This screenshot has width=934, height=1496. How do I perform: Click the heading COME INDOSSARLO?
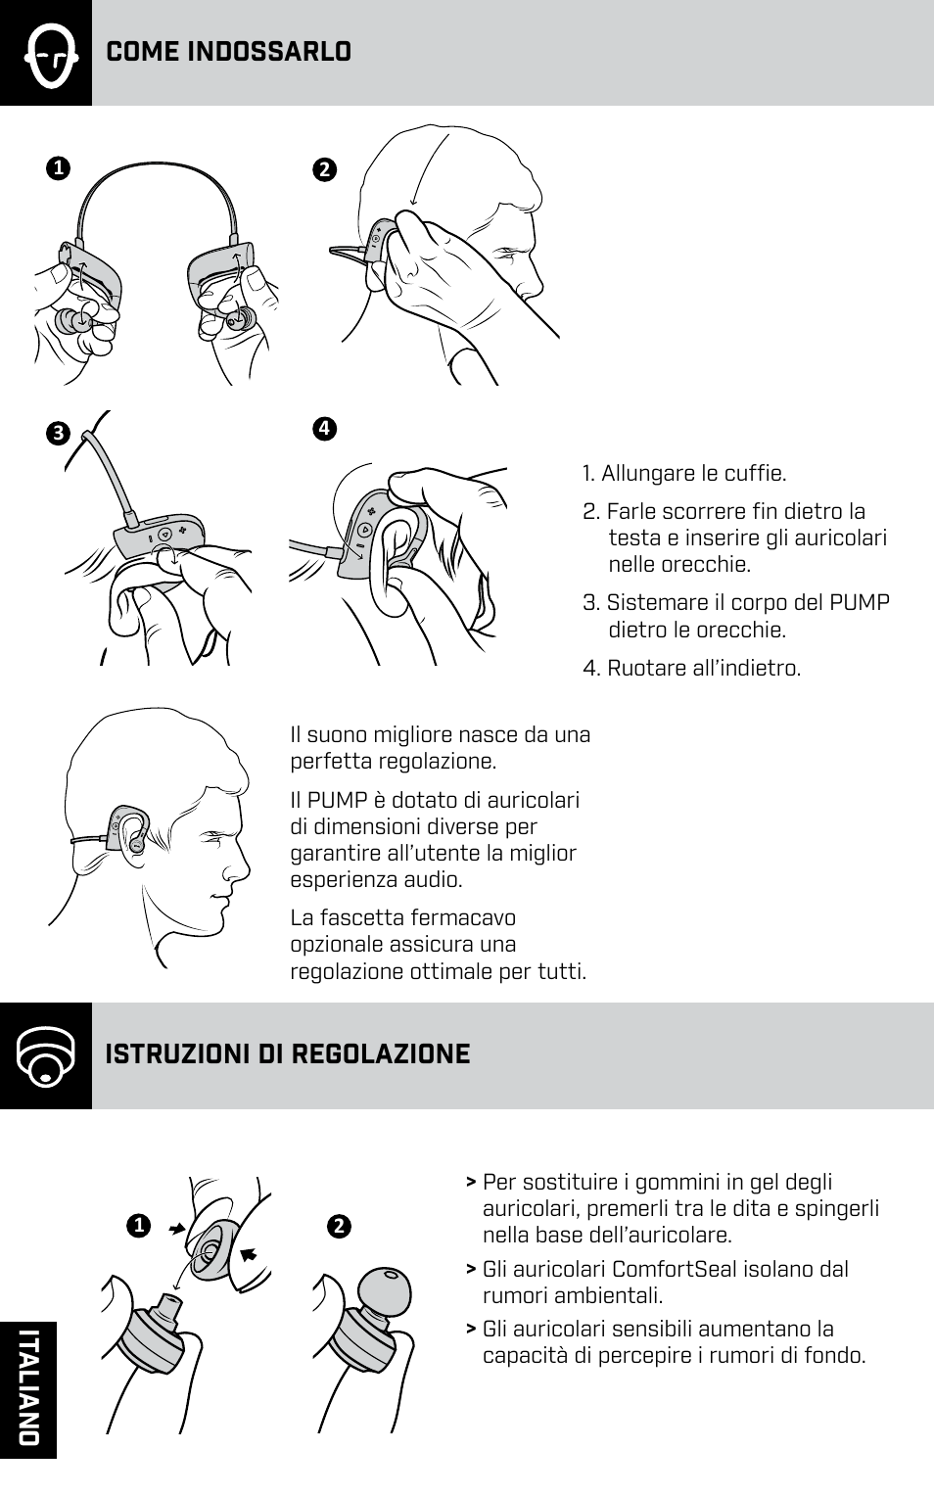[228, 52]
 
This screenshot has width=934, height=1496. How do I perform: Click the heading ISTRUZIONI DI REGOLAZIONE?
[287, 1054]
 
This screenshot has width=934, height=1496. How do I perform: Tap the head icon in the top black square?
[46, 54]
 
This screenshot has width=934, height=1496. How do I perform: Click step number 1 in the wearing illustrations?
[58, 168]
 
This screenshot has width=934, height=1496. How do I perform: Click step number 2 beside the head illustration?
[324, 169]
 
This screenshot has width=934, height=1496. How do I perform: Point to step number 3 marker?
[58, 434]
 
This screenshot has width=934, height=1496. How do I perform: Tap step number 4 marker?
[324, 428]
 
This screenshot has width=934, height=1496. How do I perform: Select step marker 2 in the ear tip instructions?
[339, 1226]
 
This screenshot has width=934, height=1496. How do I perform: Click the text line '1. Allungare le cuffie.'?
[683, 474]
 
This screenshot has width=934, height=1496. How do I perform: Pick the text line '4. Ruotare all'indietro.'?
[691, 669]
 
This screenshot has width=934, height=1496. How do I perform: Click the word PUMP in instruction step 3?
[859, 603]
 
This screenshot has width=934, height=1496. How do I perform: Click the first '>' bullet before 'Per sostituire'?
[472, 1183]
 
